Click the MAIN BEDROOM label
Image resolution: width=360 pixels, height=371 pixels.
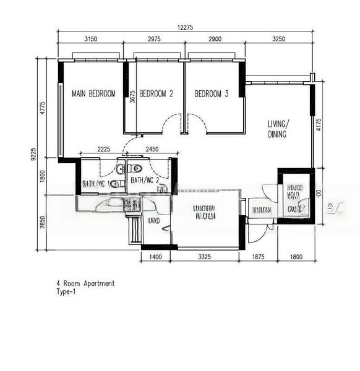93,94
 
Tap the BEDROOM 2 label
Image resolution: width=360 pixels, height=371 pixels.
156,94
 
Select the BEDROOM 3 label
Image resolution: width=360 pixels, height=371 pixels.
212,94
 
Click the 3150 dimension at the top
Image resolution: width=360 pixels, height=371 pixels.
90,39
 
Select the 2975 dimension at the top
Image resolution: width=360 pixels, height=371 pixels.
154,39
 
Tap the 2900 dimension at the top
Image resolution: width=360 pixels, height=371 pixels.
215,39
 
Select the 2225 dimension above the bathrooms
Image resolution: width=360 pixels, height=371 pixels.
103,149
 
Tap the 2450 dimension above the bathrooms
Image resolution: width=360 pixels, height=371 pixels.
152,149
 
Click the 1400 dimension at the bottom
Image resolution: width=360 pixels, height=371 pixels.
155,256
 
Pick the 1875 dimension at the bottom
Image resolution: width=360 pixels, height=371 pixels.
259,256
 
